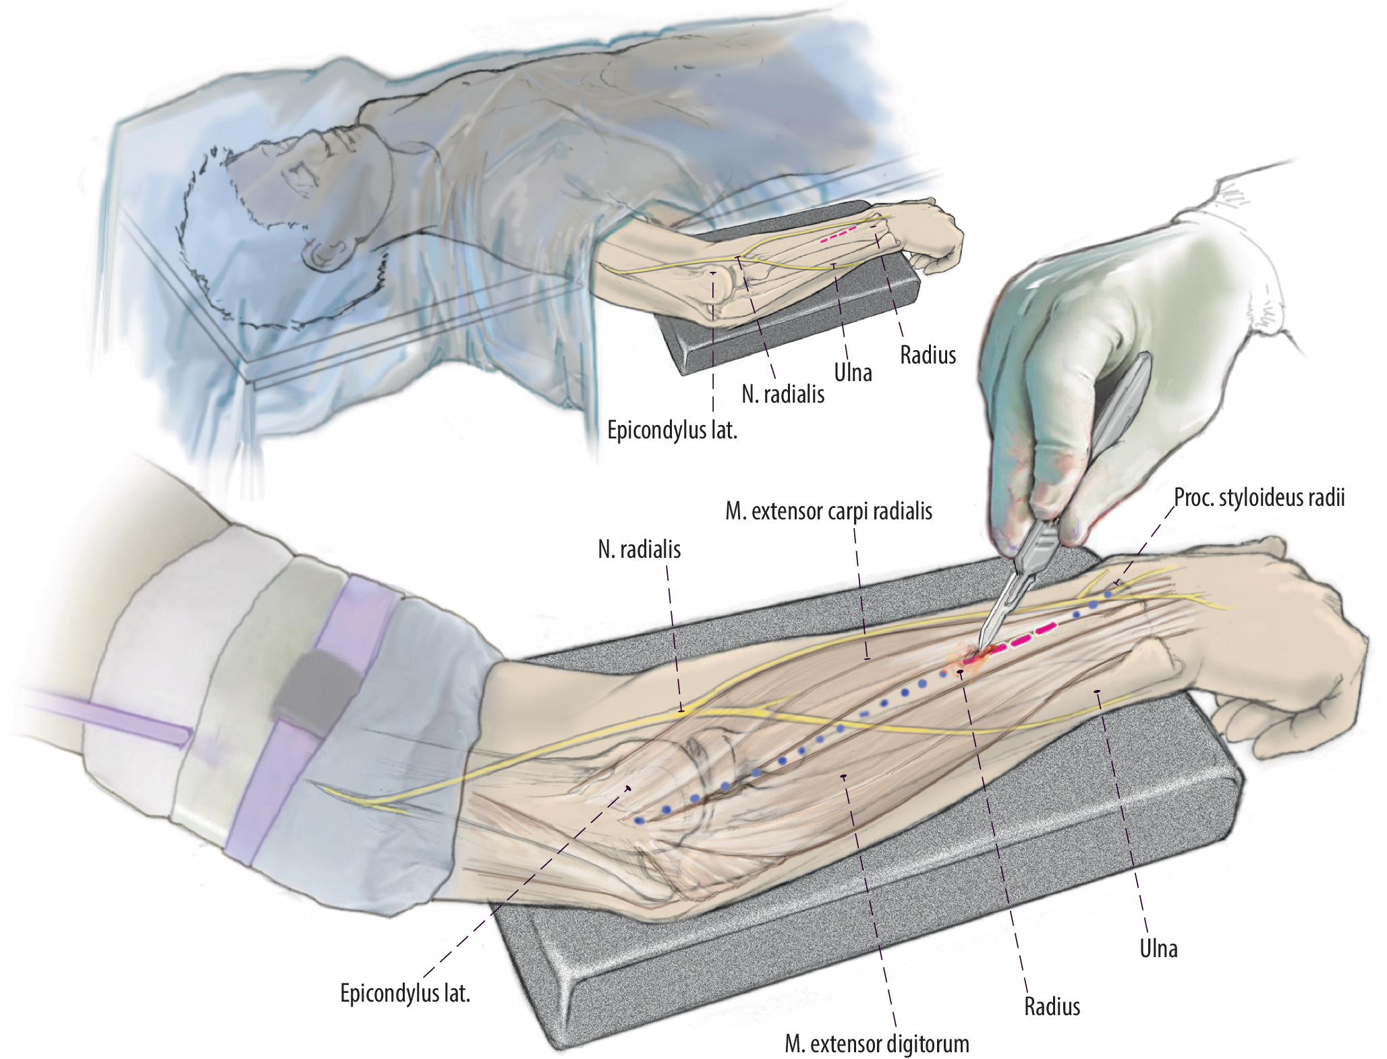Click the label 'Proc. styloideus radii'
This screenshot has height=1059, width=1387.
click(x=1259, y=498)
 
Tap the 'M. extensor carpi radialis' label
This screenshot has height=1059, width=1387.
click(x=828, y=511)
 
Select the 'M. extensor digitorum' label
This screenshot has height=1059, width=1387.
click(x=876, y=1043)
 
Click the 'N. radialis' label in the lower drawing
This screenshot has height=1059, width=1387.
click(x=639, y=550)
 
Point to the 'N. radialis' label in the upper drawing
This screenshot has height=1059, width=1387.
click(x=783, y=395)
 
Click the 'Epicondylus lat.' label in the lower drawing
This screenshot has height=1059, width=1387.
click(x=405, y=993)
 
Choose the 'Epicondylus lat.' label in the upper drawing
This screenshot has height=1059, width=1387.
click(x=672, y=430)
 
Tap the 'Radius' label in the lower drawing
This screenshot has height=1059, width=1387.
click(x=1052, y=1006)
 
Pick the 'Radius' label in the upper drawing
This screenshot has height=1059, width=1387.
click(x=928, y=355)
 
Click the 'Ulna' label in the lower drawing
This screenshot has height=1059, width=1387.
click(x=1158, y=948)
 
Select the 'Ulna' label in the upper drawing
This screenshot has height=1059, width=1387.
click(x=853, y=372)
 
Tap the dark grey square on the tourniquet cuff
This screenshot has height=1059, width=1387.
click(x=312, y=687)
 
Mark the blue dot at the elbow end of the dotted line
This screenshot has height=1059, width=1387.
click(x=639, y=820)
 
